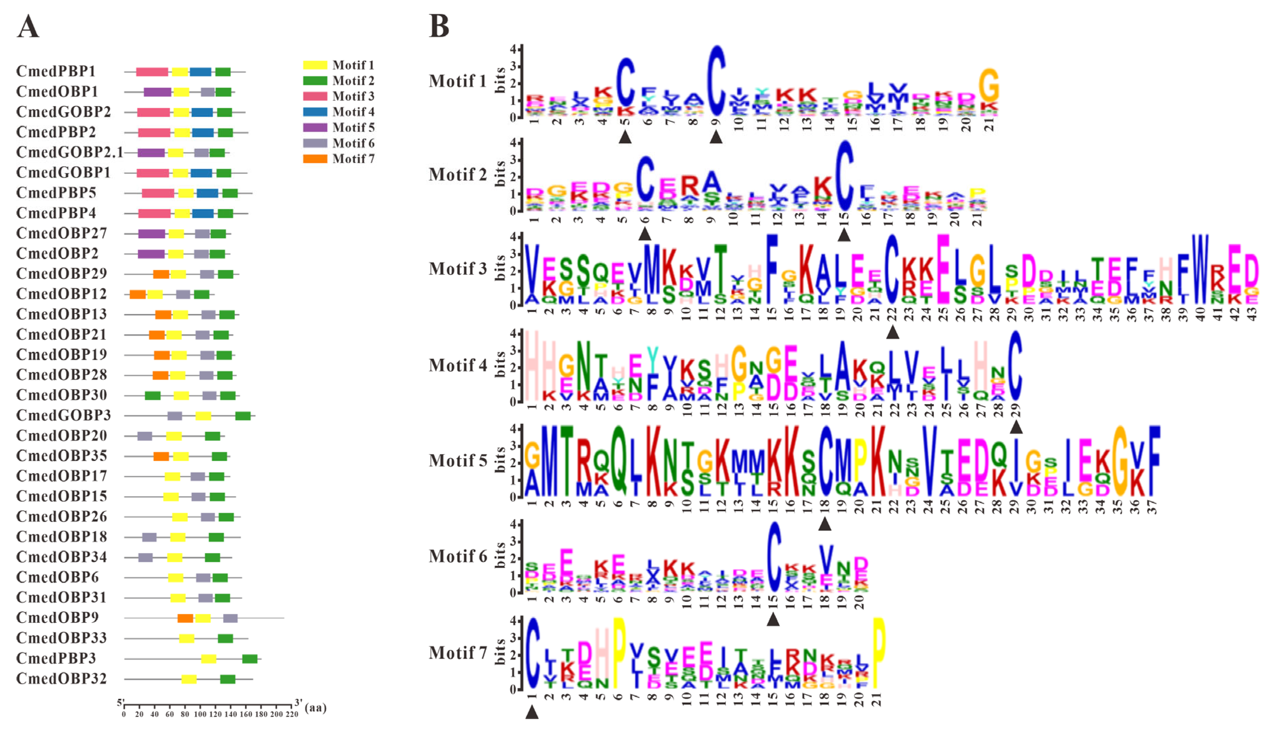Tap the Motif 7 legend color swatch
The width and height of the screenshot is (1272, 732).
tap(315, 159)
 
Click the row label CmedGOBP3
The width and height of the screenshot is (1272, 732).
tap(63, 415)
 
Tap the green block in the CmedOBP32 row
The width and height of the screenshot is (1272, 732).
tap(228, 679)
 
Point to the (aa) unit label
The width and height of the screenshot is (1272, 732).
tap(316, 708)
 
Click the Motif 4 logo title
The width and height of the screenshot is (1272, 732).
tap(457, 365)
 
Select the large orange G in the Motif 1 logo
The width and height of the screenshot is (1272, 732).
tap(989, 86)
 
